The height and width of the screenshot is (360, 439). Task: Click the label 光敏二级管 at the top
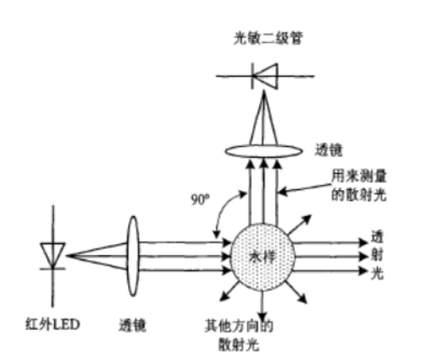coord(268,39)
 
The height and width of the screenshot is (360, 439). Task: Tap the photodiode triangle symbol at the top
coord(265,76)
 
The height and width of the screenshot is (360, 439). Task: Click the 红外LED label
coord(52,325)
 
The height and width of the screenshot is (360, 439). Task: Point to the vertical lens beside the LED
coord(133,256)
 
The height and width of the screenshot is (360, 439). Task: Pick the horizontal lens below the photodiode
coord(263,151)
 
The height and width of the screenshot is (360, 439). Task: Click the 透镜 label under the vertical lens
coord(133,325)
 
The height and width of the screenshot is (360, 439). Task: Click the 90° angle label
coord(200,199)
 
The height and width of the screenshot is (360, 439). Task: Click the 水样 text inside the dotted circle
coord(263,257)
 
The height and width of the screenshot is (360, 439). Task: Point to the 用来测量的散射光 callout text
coord(359,185)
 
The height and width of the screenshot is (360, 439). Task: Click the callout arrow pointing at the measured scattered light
coord(304,188)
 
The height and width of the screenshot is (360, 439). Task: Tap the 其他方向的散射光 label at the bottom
coord(239,335)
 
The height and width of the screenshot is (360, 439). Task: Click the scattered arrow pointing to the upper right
coord(299,225)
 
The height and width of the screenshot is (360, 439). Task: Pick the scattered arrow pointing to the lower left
coord(230,291)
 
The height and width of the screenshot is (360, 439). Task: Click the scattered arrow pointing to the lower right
coord(295,292)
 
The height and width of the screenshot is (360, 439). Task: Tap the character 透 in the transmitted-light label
coord(377,237)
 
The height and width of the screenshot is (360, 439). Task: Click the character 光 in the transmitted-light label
coord(377,272)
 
